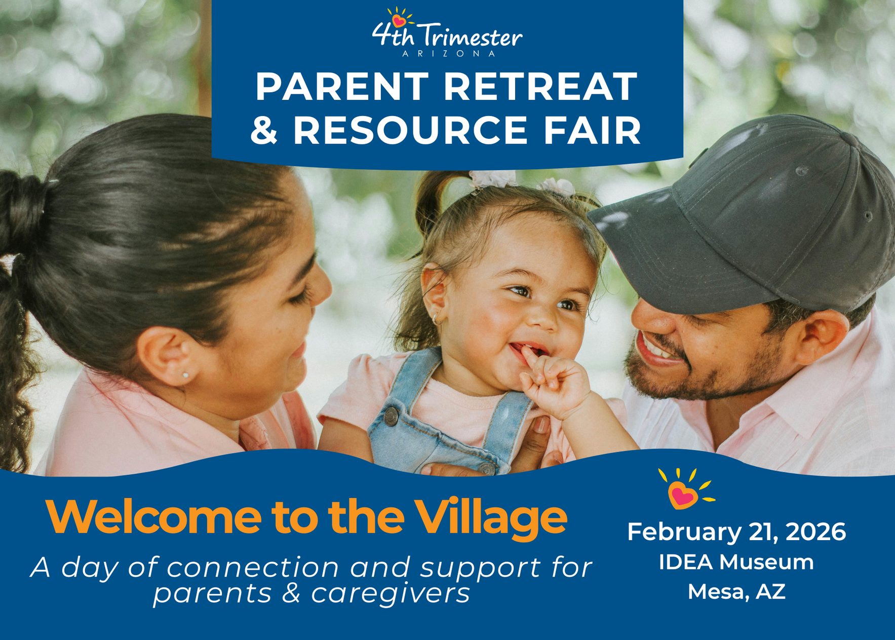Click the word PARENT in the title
point(342,87)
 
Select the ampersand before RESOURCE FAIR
point(264,130)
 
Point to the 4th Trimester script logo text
point(447,36)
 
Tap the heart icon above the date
point(682,493)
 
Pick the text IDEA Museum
point(736,562)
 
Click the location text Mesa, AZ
point(736,591)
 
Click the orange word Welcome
point(153,517)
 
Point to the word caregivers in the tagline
point(391,593)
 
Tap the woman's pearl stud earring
point(185,375)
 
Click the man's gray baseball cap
point(750,213)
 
